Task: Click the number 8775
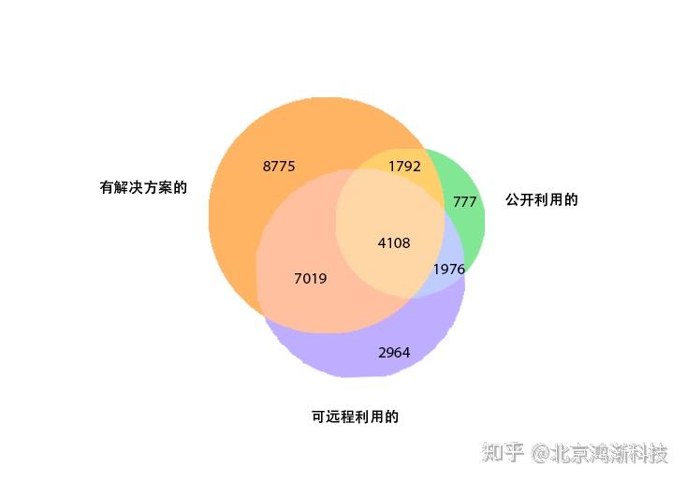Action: [x=279, y=167]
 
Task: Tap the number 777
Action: [x=465, y=202]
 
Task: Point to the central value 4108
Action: [x=394, y=243]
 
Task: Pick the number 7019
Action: [x=311, y=279]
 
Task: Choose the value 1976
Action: [x=449, y=270]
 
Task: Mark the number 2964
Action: [x=394, y=353]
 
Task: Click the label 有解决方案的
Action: [x=143, y=187]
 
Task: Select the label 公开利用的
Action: [x=542, y=199]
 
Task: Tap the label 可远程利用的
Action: [x=356, y=416]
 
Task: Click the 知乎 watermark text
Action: [x=504, y=454]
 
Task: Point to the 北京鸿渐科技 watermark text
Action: [x=610, y=454]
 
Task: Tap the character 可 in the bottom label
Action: [x=318, y=416]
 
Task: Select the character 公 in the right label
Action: [x=512, y=199]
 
